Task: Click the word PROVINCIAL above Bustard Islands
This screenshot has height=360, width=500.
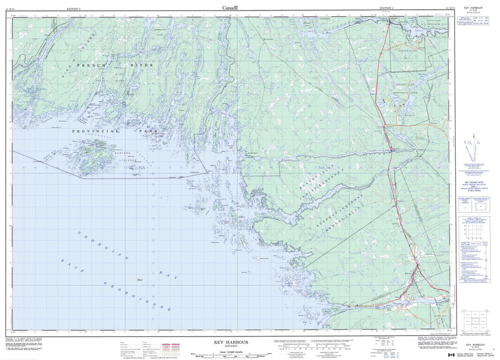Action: pos(96,131)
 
